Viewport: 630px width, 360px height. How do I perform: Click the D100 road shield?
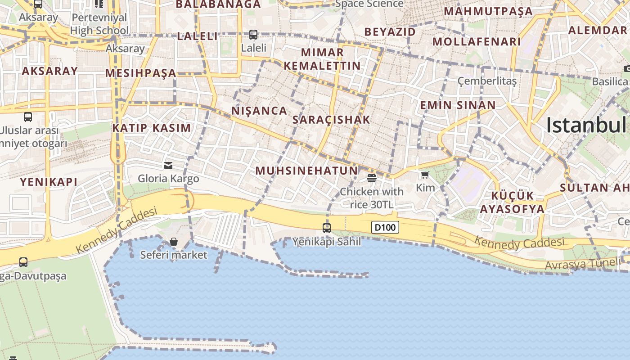(385, 227)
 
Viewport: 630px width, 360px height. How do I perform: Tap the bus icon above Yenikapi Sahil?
(327, 228)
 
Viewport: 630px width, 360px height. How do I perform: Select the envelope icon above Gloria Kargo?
(168, 166)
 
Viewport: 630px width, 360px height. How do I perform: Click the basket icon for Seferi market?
(174, 242)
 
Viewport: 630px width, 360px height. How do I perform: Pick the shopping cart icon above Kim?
(425, 175)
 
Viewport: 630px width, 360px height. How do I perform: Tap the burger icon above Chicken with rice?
(372, 178)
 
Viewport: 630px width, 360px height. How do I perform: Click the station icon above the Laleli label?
(253, 34)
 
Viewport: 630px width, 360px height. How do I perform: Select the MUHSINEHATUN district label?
(306, 171)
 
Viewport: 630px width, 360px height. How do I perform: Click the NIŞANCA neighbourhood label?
(259, 111)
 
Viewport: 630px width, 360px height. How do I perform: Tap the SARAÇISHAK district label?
(331, 120)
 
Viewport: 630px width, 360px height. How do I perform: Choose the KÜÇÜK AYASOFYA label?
(512, 202)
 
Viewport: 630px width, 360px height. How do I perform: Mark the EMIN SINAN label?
(458, 105)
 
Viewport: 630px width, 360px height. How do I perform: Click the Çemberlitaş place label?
(487, 81)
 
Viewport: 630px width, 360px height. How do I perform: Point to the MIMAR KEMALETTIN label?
(322, 59)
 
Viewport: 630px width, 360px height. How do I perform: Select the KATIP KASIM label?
(152, 128)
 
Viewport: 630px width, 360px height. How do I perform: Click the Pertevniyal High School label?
(99, 24)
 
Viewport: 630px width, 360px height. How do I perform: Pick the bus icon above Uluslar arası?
(28, 117)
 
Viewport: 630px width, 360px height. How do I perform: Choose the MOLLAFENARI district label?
(477, 42)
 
